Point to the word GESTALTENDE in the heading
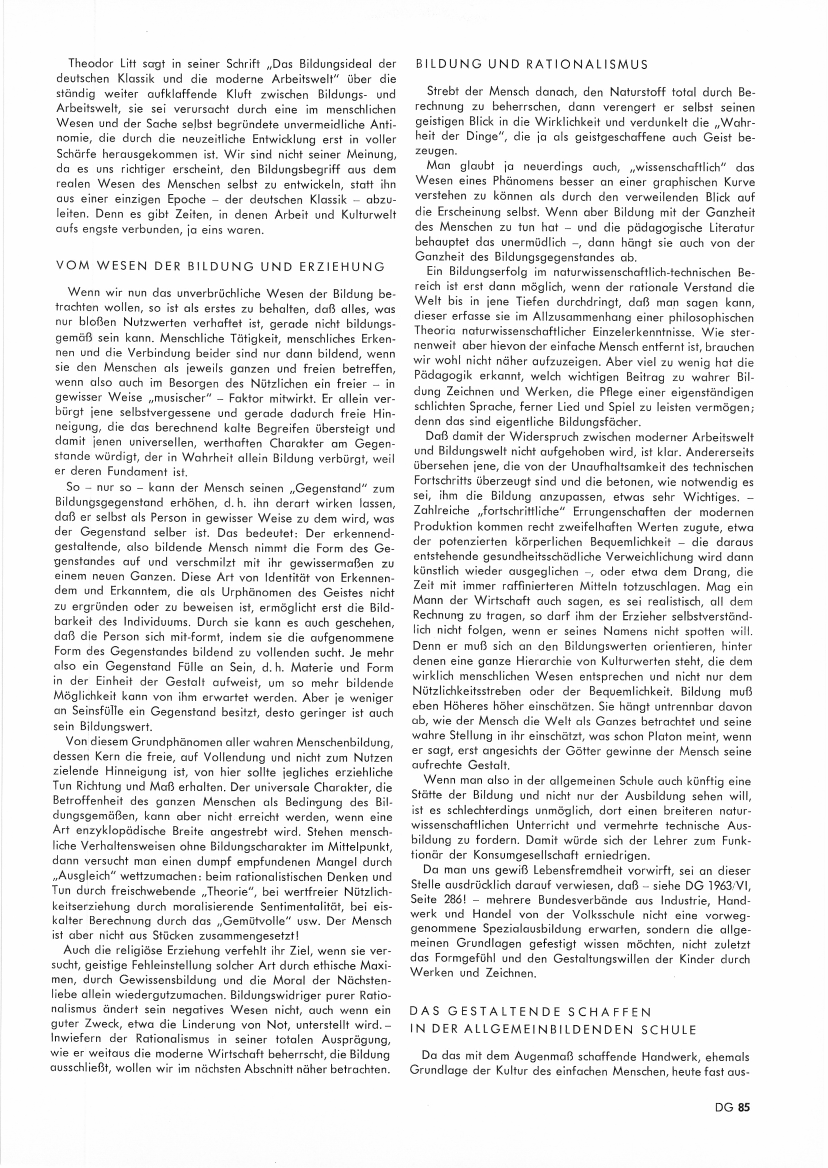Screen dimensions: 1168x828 tap(510, 1011)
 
